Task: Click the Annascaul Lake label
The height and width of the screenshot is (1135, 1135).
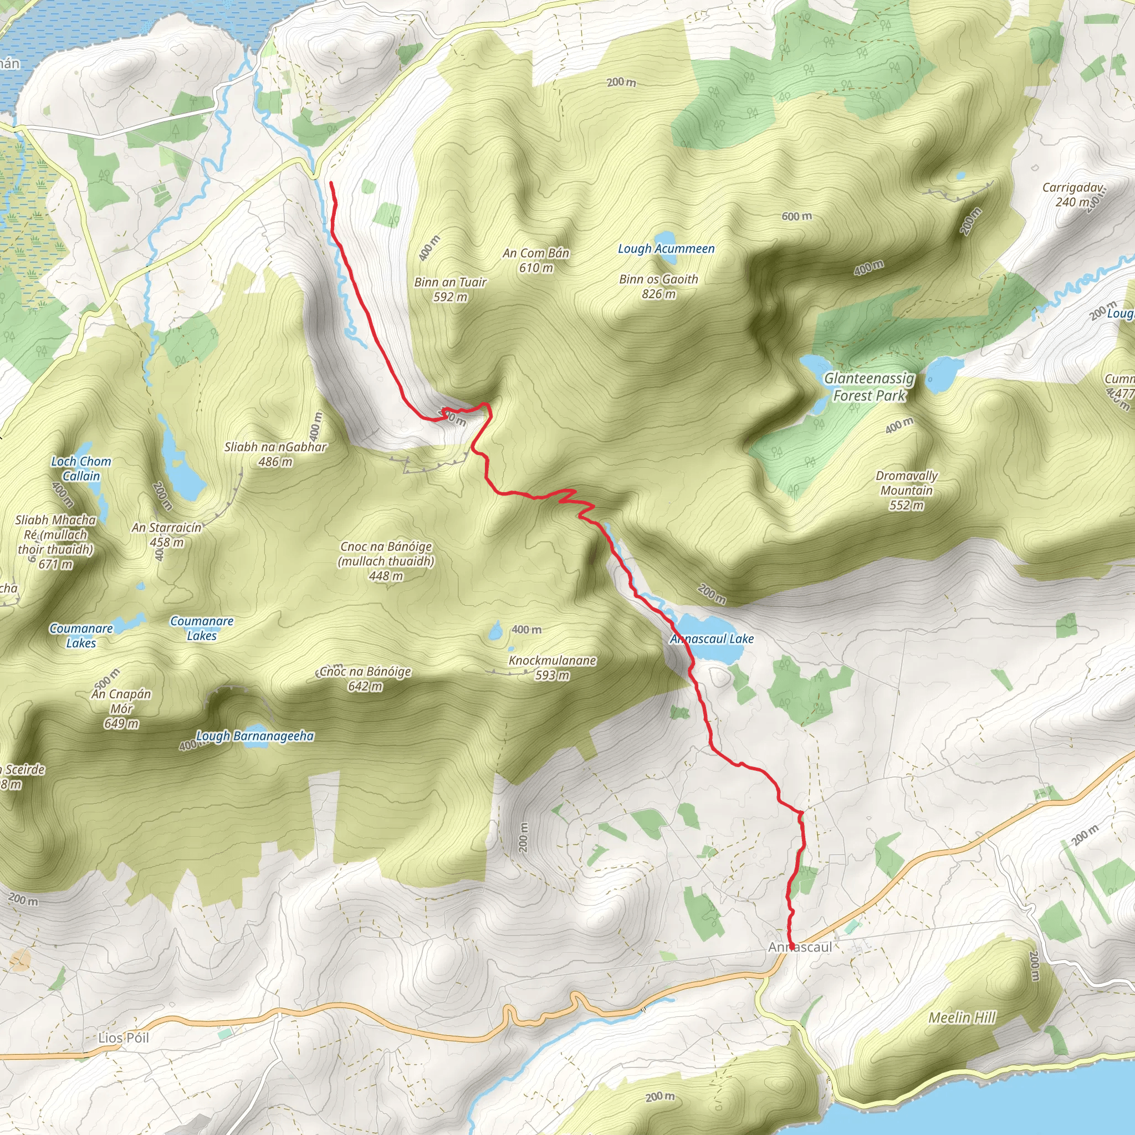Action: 712,638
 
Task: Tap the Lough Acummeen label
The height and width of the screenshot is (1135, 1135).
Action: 666,248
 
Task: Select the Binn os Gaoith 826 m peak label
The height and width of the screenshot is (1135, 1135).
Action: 658,287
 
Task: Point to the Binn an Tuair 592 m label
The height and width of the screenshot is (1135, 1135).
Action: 451,290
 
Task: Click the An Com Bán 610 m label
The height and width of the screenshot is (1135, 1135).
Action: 536,260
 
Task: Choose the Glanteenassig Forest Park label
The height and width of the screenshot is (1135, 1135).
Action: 869,387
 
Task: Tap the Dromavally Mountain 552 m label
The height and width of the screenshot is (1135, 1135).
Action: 907,490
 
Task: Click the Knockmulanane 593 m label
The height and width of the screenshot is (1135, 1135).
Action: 552,667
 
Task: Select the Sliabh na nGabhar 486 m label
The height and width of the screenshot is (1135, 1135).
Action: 275,454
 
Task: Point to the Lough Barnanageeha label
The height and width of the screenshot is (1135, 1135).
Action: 255,736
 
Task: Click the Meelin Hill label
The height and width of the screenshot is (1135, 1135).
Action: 962,1018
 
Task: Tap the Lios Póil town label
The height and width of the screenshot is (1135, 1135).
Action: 124,1038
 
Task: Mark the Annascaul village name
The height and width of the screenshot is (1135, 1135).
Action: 800,948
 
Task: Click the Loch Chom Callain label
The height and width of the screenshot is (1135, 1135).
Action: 81,469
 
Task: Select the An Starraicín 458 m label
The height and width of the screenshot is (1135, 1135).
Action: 167,535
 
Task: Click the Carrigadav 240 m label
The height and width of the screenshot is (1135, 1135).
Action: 1073,195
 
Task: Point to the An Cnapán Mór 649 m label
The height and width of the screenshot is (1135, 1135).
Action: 121,708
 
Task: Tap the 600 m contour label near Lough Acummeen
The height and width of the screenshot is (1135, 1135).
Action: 796,216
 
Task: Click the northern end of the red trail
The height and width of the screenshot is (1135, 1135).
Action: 331,183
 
